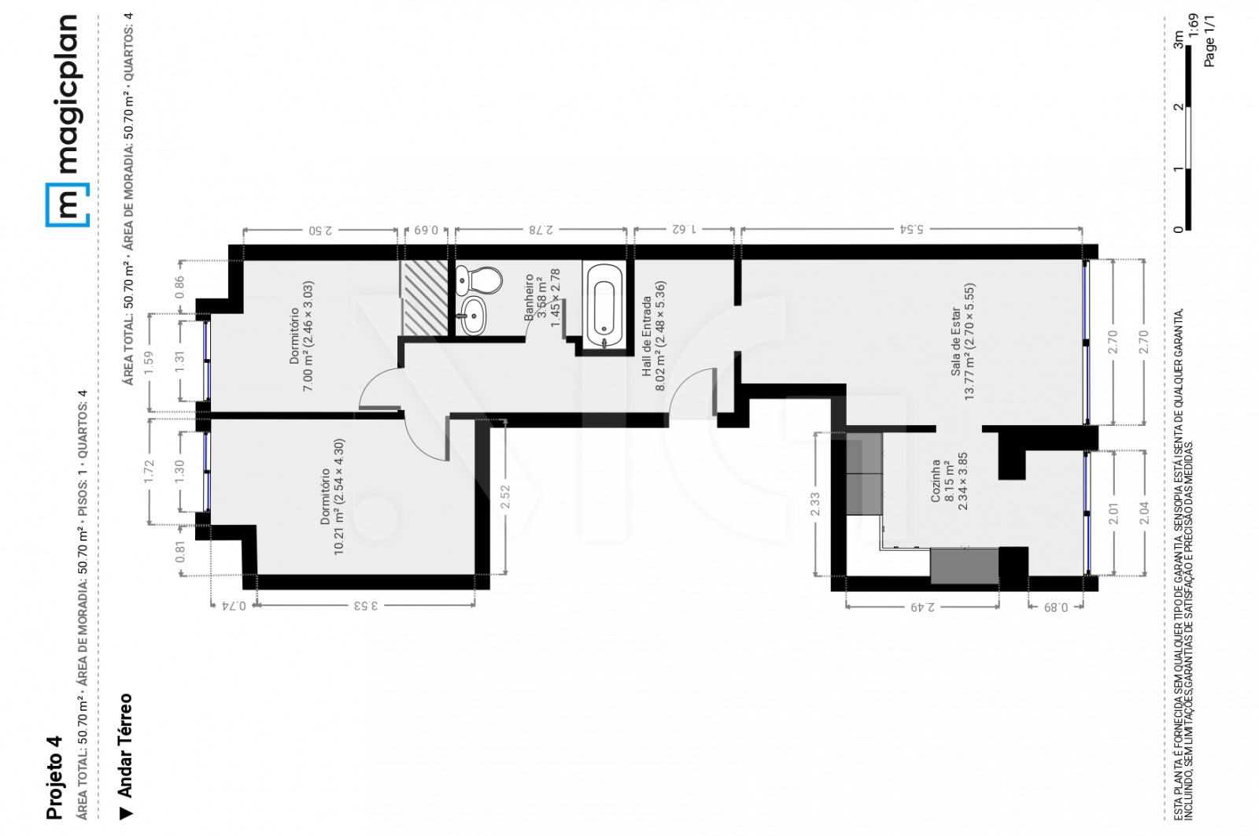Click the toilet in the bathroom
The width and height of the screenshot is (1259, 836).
[479, 279]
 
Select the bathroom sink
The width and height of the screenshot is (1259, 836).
[473, 316]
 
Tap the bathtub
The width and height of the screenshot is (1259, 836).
[604, 305]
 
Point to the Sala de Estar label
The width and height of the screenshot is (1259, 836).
[962, 342]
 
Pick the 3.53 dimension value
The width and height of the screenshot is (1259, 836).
[365, 605]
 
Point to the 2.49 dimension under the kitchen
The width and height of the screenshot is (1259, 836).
[921, 607]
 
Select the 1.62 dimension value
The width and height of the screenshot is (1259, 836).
[684, 229]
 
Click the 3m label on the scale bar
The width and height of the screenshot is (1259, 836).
[1178, 40]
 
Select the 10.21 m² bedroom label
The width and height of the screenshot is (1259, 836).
[332, 496]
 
